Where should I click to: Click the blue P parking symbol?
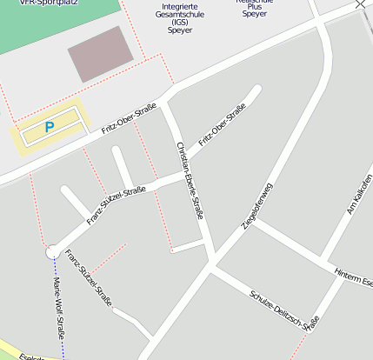[49, 127]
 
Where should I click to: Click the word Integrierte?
[180, 7]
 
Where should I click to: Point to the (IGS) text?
[180, 24]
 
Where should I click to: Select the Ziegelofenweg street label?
[256, 206]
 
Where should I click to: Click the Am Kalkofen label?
[358, 197]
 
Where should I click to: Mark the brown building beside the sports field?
[101, 54]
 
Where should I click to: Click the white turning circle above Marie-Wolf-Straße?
[52, 251]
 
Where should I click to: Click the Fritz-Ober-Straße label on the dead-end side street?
[222, 124]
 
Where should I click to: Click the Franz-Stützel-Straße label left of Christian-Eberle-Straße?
[116, 205]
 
